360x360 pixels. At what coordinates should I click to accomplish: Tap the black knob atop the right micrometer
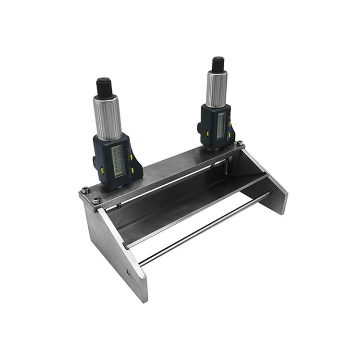218,64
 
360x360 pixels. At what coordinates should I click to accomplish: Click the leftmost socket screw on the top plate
85,189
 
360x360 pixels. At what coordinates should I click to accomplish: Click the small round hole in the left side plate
128,272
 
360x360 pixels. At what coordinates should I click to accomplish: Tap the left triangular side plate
115,250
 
